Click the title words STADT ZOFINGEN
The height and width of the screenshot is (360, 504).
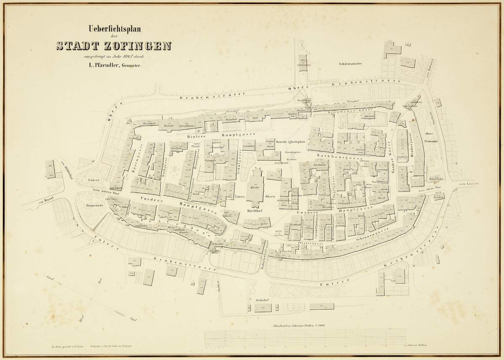[114, 45]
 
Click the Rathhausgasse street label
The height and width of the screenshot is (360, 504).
[344, 159]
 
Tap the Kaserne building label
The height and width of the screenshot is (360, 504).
[169, 125]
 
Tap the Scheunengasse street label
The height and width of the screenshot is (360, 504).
[383, 234]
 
